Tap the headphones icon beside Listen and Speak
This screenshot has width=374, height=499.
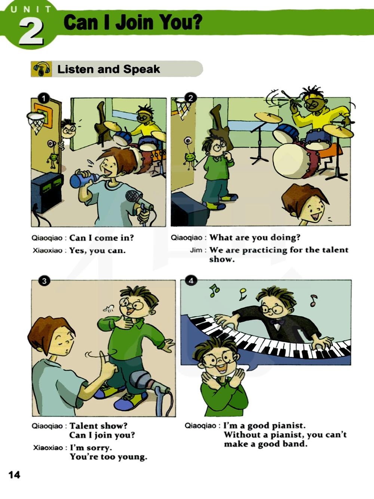point(42,69)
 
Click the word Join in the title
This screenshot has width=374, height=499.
point(134,22)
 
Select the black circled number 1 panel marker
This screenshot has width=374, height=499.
point(44,98)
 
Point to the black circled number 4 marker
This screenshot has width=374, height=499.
point(191,281)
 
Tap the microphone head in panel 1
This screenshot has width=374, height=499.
point(134,196)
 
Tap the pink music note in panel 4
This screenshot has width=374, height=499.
point(314,300)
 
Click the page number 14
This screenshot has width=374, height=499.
point(14,475)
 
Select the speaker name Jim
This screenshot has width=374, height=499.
point(196,250)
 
